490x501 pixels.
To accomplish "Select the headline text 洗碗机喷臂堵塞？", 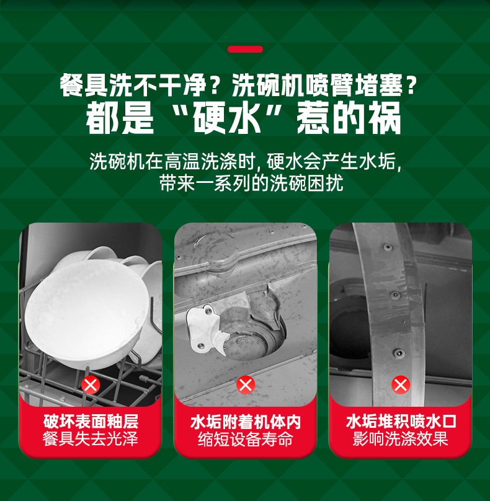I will click(324, 85).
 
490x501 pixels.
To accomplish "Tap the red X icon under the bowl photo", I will click(91, 386).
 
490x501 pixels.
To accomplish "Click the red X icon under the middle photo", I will click(246, 386).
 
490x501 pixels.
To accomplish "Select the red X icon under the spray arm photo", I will click(401, 386).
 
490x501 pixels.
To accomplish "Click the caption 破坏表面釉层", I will click(91, 422).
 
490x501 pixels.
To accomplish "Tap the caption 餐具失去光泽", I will click(91, 440).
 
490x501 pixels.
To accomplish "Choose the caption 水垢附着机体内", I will click(246, 422).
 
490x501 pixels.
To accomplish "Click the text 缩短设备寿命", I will click(246, 440).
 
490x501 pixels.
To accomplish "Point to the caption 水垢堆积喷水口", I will click(401, 422).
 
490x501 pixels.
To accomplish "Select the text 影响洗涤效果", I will click(401, 440).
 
